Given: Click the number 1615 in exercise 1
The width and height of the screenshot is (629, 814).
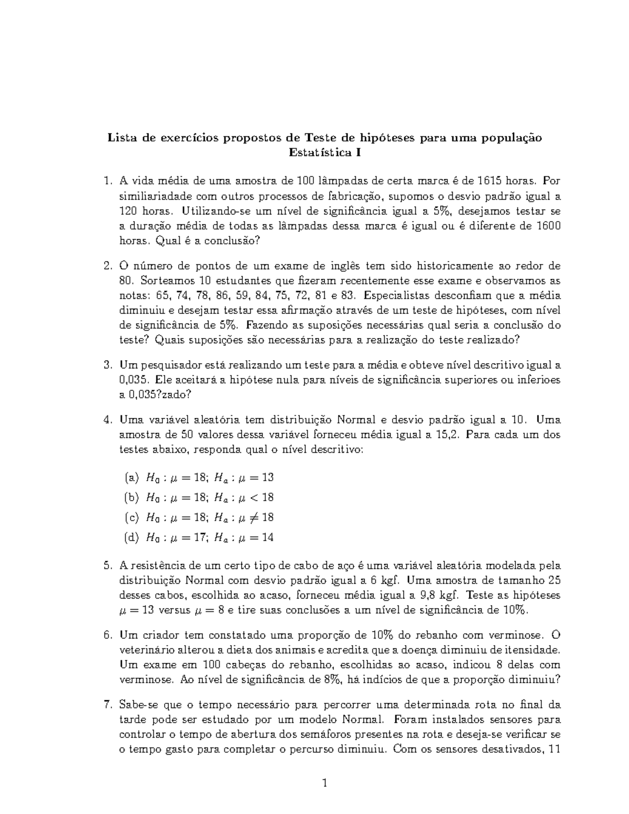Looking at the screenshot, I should [x=490, y=181].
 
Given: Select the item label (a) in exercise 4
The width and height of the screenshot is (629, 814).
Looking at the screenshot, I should [x=132, y=477].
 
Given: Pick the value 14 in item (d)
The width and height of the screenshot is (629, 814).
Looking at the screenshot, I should [x=267, y=537].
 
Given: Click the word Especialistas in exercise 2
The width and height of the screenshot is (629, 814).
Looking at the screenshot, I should [x=393, y=295].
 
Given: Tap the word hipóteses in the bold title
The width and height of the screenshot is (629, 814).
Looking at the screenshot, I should [x=387, y=138].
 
